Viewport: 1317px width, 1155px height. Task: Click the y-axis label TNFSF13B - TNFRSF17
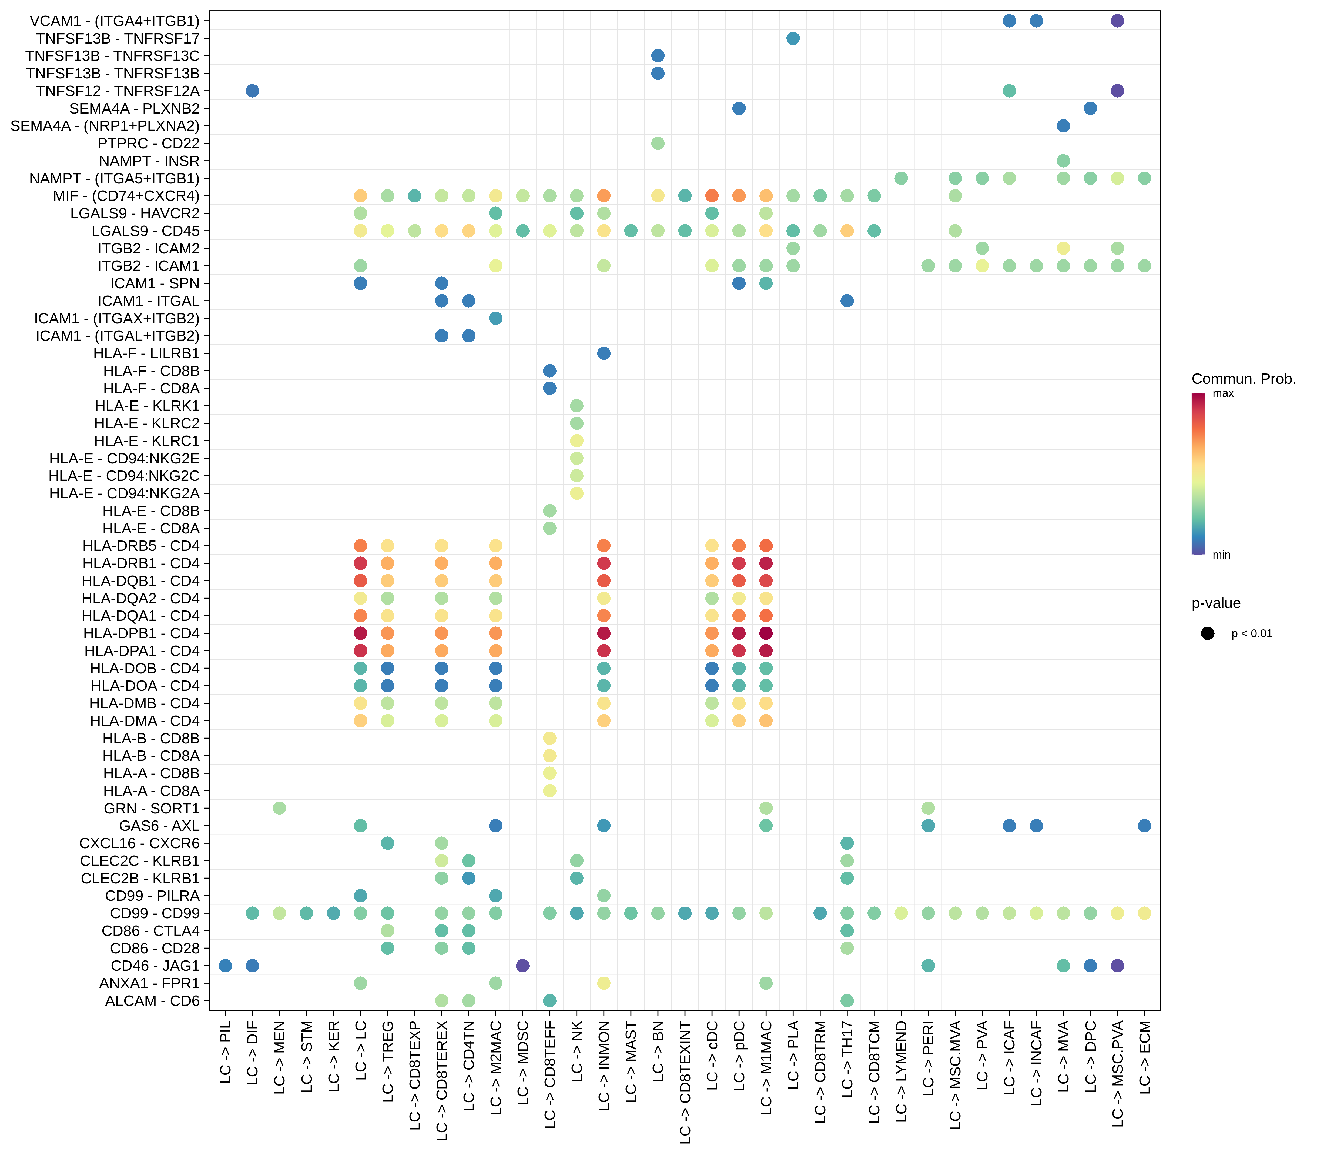pos(118,39)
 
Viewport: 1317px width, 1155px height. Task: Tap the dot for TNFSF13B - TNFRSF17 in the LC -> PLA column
pos(793,39)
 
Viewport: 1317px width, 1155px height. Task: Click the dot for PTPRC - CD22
pos(658,143)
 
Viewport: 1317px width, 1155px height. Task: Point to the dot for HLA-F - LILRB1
pos(604,353)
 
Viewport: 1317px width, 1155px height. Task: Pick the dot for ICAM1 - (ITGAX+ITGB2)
pos(495,318)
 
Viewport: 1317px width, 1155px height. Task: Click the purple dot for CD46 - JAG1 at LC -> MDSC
pos(522,966)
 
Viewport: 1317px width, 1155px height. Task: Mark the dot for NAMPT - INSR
pos(1063,161)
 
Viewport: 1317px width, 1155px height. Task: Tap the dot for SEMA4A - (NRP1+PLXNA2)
pos(1063,126)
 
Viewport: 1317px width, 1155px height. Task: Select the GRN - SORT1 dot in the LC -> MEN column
pos(279,808)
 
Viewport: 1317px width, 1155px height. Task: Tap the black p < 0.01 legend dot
pos(1208,633)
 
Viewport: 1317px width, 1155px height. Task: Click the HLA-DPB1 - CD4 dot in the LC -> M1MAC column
pos(766,633)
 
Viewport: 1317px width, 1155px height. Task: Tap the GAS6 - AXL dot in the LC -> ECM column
pos(1144,826)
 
